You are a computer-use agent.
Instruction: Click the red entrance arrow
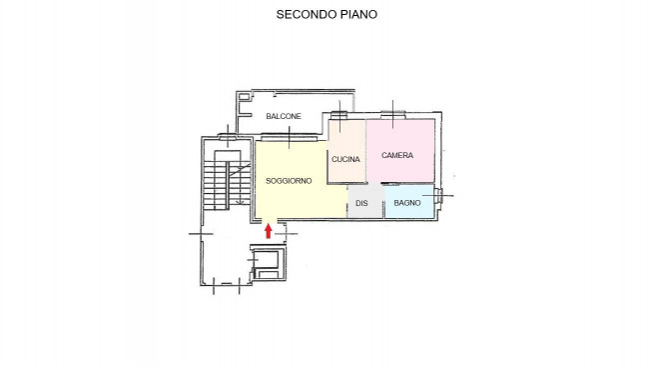pos(269,231)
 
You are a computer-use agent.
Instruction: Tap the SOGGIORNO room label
pos(289,181)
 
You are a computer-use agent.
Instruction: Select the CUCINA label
pos(345,159)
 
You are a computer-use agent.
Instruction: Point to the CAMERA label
pos(397,155)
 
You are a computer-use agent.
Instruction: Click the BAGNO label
pos(407,203)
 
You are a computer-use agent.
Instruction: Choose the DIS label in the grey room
pos(361,203)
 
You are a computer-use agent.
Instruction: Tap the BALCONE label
pos(284,116)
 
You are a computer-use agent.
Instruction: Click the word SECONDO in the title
pos(307,15)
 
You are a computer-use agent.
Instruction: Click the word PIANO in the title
pos(358,15)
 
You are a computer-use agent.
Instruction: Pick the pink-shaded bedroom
pos(400,151)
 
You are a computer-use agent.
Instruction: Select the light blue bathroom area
pos(409,201)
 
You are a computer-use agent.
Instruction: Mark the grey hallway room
pos(365,201)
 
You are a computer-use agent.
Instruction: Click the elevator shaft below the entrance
pos(268,262)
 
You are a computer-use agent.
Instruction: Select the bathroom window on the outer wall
pos(438,196)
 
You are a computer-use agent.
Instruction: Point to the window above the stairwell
pos(228,136)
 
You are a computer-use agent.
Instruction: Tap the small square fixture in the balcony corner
pos(244,97)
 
